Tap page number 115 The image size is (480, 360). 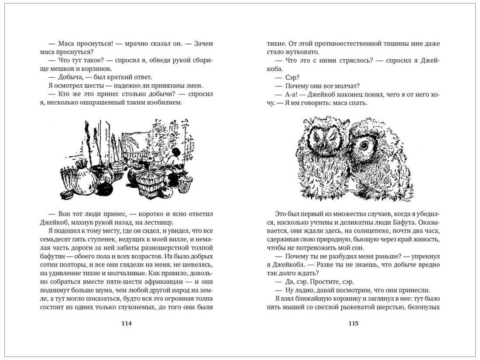tap(353, 323)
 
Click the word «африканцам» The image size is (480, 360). tap(162, 281)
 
